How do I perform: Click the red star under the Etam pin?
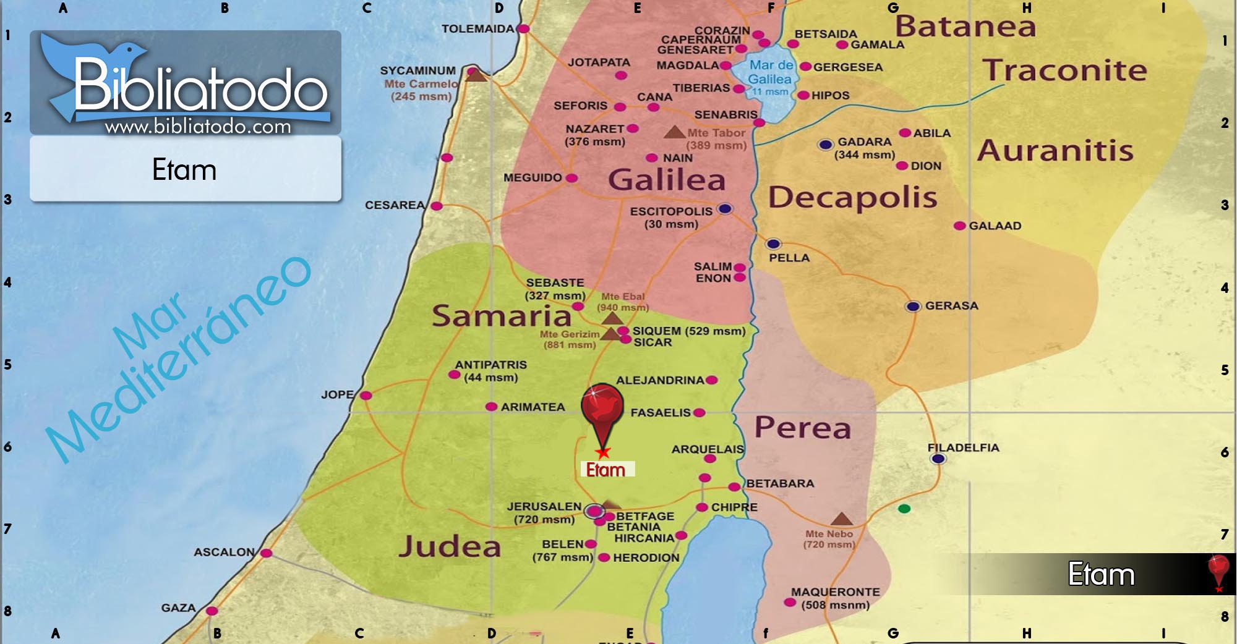coord(604,453)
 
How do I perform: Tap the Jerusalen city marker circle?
coord(594,511)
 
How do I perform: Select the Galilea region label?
coord(667,180)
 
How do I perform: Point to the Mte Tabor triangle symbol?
coord(674,132)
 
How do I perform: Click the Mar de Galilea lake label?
coord(770,72)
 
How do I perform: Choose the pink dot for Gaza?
coord(212,611)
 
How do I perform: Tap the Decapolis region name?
coord(852,198)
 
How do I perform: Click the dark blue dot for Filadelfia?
coord(938,459)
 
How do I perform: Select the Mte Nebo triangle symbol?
coord(841,519)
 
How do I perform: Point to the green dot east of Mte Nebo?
coord(904,509)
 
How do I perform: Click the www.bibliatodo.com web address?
coord(198,127)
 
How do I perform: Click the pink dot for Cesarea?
coord(437,206)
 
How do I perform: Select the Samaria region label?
coord(501,316)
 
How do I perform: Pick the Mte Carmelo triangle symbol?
coord(475,75)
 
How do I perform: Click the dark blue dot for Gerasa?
coord(913,307)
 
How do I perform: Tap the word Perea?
coord(803,428)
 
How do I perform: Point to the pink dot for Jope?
coord(366,396)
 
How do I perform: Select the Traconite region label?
coord(1064,70)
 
